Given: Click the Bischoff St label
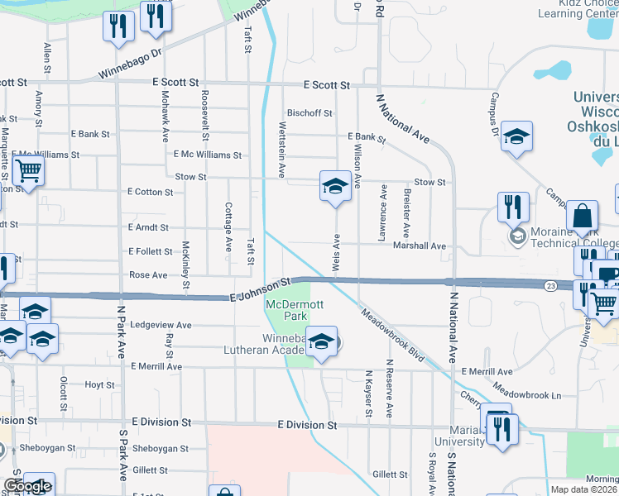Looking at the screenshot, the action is [309, 113].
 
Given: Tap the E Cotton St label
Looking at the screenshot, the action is [150, 192].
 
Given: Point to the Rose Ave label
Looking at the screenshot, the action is [148, 275].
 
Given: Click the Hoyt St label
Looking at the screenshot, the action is [99, 385].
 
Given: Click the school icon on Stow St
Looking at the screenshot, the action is [335, 186].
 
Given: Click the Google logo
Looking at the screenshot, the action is [26, 487].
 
